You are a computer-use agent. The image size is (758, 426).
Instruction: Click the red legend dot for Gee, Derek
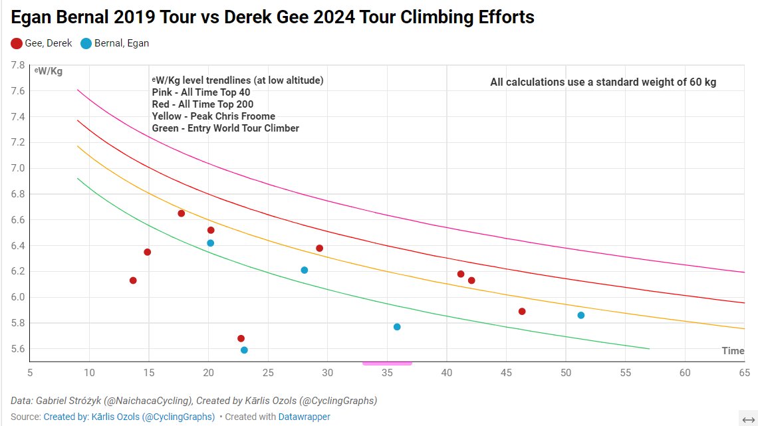17,43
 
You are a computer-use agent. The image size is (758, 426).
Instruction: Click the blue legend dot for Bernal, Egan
86,43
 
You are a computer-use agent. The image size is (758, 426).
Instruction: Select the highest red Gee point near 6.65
181,213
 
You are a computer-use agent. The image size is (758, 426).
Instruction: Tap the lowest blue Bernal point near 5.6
244,350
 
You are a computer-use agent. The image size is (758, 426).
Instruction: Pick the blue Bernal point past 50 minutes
581,315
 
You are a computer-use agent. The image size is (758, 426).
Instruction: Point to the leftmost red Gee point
133,280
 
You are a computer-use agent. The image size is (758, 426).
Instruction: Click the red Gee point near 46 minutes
522,311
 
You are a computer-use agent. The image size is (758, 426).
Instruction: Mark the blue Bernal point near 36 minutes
397,327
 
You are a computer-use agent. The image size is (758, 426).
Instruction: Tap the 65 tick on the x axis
745,373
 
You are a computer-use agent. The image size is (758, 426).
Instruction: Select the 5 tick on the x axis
29,373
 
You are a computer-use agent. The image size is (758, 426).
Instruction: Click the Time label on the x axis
733,351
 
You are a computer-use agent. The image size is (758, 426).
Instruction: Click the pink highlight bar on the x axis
387,364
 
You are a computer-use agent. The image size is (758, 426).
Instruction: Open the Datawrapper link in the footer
305,417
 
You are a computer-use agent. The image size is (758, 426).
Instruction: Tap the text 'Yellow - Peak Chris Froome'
213,116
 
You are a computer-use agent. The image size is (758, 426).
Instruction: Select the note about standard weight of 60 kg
603,82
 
